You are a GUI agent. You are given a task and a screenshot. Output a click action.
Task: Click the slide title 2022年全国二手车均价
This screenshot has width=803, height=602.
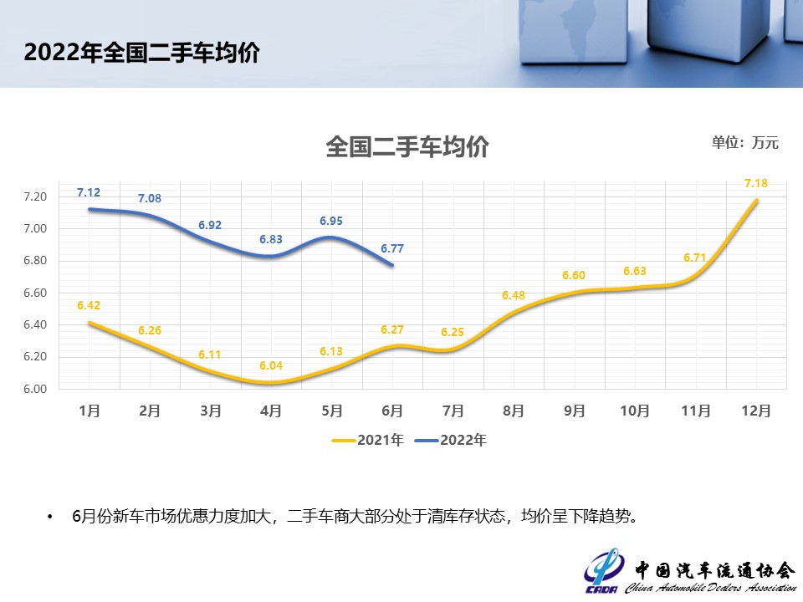(x=141, y=53)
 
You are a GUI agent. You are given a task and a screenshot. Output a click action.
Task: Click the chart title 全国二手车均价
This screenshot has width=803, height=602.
(x=407, y=147)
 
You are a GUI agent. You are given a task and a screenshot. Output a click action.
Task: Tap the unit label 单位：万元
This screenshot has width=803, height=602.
(x=744, y=142)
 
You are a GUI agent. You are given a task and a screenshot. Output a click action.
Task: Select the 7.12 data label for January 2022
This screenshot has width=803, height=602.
(x=89, y=192)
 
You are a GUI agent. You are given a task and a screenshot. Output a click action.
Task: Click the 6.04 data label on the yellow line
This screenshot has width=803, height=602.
(x=271, y=365)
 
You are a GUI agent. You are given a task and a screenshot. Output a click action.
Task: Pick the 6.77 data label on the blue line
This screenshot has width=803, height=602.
(x=392, y=248)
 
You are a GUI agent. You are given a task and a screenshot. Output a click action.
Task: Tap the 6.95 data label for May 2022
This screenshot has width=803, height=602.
(x=331, y=221)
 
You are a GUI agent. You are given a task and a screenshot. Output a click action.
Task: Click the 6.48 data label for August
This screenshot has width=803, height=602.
(x=514, y=295)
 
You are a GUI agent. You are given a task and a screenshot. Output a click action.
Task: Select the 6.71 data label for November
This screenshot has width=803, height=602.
(x=695, y=258)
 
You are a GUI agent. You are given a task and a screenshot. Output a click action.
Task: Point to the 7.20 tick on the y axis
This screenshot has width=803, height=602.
(x=35, y=197)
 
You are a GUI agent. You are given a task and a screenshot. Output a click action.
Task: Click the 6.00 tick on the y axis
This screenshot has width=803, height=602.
(x=35, y=389)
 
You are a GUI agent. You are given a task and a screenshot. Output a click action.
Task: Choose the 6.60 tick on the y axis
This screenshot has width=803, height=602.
(x=35, y=293)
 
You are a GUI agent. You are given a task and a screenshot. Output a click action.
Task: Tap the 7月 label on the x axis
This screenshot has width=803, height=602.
(x=453, y=411)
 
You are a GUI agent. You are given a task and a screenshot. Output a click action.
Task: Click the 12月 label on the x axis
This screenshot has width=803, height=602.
(x=755, y=411)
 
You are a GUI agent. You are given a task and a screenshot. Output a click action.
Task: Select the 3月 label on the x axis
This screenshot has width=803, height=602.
(x=211, y=411)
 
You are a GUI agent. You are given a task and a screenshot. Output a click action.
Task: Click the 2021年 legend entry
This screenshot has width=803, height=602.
(x=367, y=440)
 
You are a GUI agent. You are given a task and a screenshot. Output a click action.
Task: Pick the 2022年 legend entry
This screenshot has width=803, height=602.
(x=451, y=440)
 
